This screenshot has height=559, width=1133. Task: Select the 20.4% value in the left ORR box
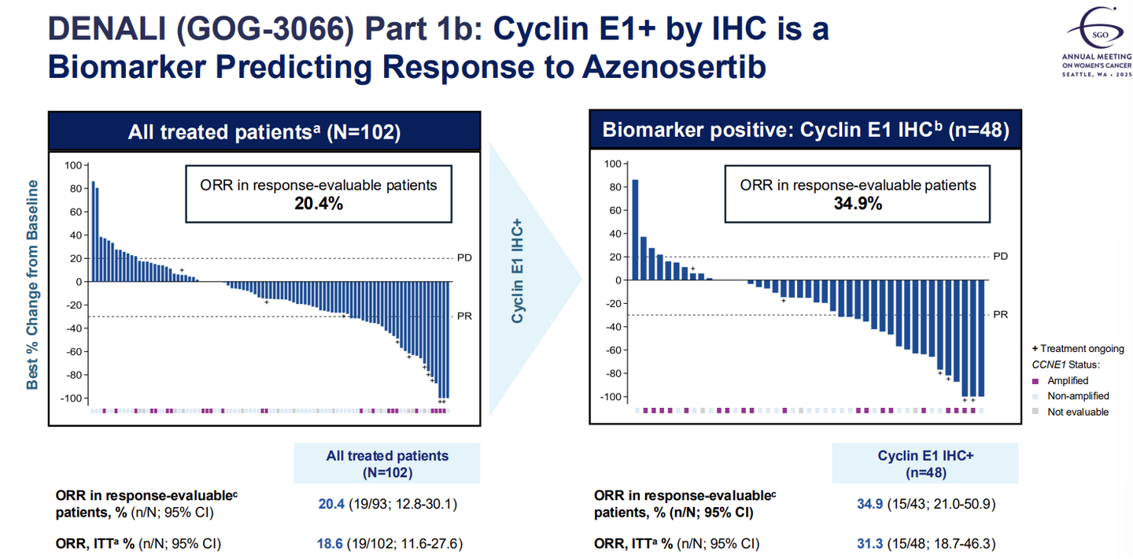(x=317, y=203)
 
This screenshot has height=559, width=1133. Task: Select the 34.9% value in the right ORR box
(x=857, y=203)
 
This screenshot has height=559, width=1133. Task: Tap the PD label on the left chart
(x=464, y=257)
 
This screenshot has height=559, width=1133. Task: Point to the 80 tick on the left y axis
(x=75, y=188)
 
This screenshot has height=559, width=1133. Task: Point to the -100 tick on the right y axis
(x=610, y=397)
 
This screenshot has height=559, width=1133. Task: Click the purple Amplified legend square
(x=1035, y=381)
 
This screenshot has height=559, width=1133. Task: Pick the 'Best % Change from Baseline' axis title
(x=33, y=285)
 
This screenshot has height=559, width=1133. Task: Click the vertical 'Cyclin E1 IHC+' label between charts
(x=518, y=272)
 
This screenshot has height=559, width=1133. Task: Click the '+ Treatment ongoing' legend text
(x=1077, y=349)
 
